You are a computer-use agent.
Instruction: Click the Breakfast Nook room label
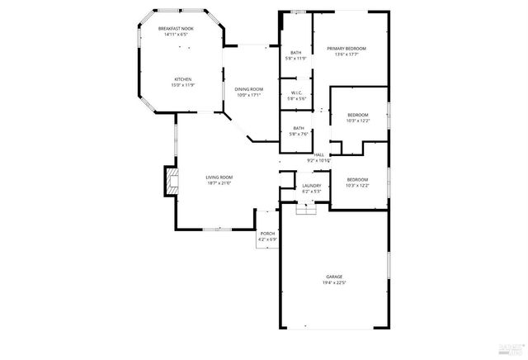pos(175,29)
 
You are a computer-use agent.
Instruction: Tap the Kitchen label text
pos(182,79)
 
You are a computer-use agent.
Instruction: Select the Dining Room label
pos(248,89)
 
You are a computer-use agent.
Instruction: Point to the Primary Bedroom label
pos(346,49)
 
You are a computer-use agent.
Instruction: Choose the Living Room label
pos(219,177)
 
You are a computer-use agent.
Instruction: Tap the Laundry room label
pos(311,186)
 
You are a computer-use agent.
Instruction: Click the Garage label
pos(334,277)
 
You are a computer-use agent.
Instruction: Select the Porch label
pos(267,234)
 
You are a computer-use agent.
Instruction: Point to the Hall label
pos(318,154)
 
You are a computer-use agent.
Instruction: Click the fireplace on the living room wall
pos(170,182)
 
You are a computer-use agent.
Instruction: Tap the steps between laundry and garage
pos(306,210)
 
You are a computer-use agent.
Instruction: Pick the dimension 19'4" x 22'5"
pos(334,282)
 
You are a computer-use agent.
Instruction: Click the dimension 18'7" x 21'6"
pos(219,182)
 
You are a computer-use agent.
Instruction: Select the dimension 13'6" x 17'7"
pos(346,54)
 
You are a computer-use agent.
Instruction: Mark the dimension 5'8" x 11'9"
pos(295,59)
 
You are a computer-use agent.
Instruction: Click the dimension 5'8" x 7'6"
pos(295,133)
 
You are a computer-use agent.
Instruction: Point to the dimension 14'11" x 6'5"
pos(175,35)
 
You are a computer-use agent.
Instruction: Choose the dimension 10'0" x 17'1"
pos(248,95)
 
